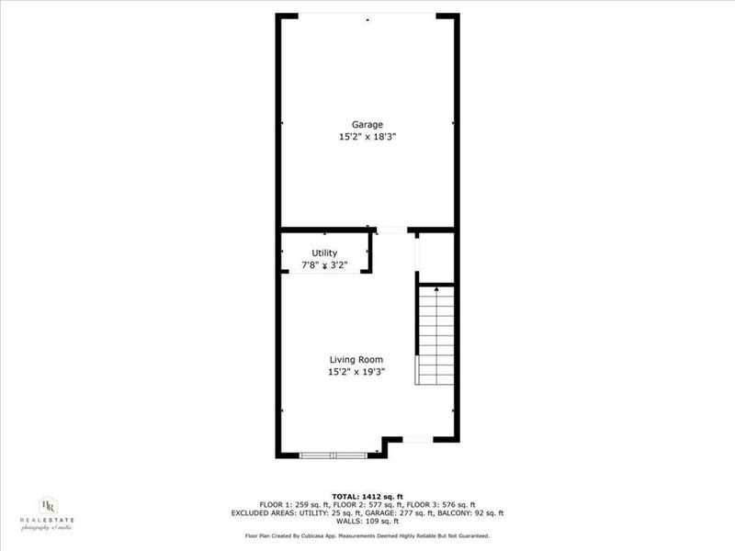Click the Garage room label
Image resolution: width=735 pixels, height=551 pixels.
(367, 125)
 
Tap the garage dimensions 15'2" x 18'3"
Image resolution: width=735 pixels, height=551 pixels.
(367, 137)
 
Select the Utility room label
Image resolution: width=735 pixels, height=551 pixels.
(324, 253)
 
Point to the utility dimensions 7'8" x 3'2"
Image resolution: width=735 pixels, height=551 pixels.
(324, 265)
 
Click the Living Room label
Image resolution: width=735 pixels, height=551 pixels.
(356, 360)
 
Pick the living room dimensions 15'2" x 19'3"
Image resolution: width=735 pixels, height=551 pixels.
(356, 372)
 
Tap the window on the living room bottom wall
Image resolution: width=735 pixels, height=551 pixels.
(334, 454)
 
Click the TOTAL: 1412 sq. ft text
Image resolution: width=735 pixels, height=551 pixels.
(367, 497)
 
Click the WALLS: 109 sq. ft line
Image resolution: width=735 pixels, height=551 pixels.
(367, 522)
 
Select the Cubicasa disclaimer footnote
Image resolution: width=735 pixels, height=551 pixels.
(367, 535)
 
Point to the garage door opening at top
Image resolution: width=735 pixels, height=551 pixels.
(367, 16)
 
